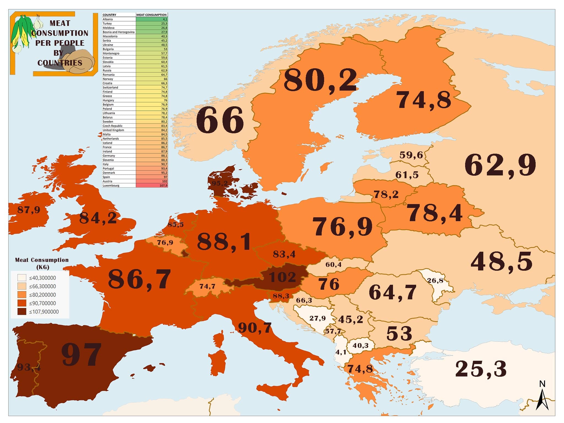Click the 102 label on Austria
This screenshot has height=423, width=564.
point(282,277)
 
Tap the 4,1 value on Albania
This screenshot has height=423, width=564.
point(341,352)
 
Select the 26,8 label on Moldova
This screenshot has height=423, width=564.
point(435,281)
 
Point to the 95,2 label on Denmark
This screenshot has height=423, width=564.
point(219,183)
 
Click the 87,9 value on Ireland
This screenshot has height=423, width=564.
point(29,210)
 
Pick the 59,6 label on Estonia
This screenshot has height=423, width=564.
point(411,155)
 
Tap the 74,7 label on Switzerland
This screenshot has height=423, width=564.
point(207,286)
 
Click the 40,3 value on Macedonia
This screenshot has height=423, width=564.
point(360,345)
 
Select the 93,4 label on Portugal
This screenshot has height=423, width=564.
point(29,367)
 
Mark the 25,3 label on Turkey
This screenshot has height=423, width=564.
point(481,369)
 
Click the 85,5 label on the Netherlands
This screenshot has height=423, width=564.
point(175,225)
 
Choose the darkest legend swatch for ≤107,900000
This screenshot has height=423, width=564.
point(22,312)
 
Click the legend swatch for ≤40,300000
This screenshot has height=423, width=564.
point(22,278)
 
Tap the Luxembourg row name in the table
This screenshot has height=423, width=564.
point(111,186)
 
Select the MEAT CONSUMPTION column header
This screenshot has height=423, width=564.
point(151,15)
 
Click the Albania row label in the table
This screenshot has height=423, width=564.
point(108,19)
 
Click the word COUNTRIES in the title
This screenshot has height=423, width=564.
point(60,63)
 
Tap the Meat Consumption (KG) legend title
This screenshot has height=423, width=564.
point(42,263)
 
